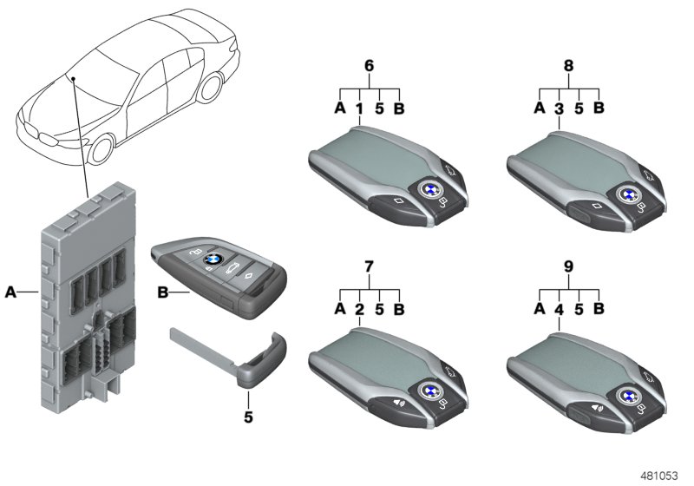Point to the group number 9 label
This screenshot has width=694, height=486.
tap(568, 266)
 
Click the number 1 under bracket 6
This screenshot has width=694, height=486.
tap(359, 109)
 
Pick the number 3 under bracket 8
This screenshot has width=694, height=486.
tap(559, 109)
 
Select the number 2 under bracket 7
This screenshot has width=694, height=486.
tap(359, 309)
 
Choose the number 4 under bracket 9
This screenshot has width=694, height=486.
tap(559, 310)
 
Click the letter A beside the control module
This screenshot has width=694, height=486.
tap(11, 293)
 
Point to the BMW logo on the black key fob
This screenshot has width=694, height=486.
tap(208, 259)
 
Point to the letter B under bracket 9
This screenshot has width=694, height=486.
tap(599, 310)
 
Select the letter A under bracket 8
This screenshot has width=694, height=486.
tap(539, 109)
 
